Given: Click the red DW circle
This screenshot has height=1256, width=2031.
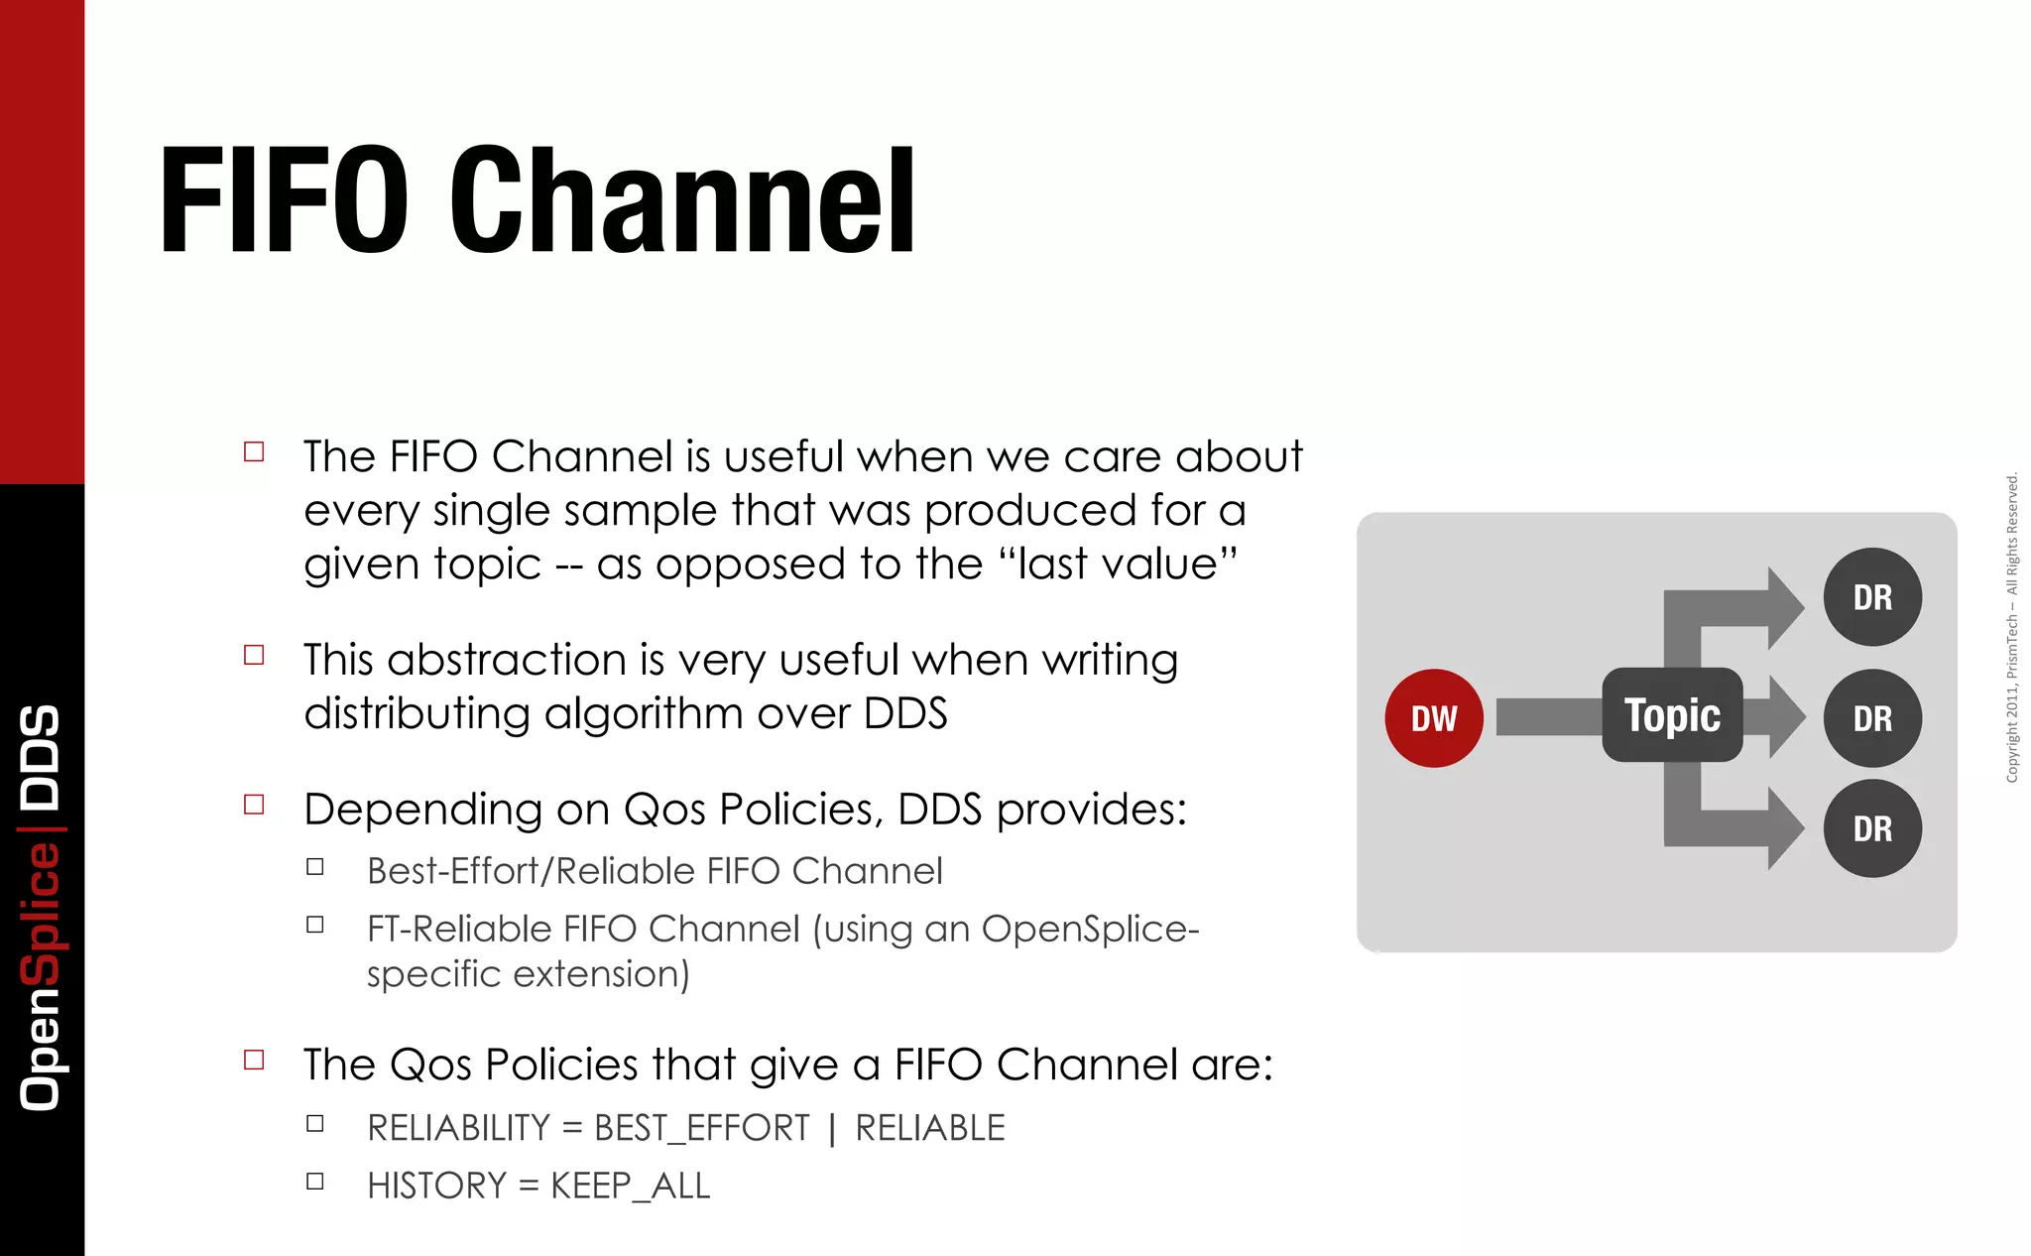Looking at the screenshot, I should click(1434, 718).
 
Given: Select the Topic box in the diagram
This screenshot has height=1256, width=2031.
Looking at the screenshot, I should click(1672, 715).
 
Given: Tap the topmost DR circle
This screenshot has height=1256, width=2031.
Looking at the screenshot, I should click(1872, 597).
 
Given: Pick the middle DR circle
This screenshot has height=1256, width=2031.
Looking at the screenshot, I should click(1872, 718).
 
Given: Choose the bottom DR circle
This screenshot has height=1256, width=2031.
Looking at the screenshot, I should click(1872, 828).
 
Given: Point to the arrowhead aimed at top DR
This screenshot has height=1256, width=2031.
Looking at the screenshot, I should click(1785, 607).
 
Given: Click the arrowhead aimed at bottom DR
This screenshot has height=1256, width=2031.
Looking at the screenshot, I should click(1785, 828).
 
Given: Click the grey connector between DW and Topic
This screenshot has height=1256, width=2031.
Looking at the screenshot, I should click(1547, 716).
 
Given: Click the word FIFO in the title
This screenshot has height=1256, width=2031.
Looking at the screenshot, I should click(284, 200).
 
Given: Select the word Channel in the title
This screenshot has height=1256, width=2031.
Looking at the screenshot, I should click(682, 200).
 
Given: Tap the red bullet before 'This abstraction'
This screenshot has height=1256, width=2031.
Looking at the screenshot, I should click(254, 655).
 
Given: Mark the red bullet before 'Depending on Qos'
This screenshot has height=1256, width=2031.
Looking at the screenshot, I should click(254, 805).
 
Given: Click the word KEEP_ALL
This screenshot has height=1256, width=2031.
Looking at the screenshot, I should click(631, 1186).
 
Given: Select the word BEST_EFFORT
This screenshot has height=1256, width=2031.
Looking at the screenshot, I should click(701, 1129).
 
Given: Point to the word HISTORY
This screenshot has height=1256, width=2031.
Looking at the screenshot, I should click(436, 1186).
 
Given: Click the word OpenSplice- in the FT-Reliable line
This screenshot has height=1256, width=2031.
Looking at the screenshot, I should click(1090, 930).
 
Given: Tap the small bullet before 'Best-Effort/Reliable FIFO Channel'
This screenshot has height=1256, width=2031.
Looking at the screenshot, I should click(315, 867).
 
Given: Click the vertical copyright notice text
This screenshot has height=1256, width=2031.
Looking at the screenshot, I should click(2011, 627).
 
